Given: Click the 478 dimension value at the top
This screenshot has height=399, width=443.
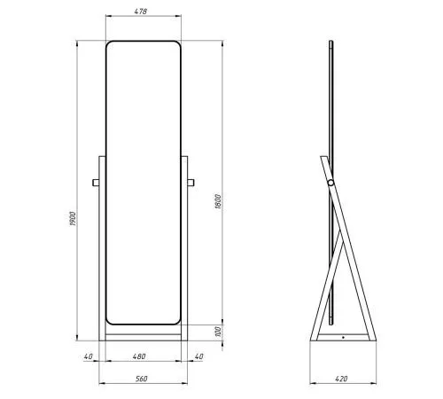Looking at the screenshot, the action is tap(141, 12).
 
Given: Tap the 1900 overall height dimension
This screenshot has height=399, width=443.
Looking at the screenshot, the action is tap(73, 218).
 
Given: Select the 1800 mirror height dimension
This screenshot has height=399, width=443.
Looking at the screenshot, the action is tap(218, 201).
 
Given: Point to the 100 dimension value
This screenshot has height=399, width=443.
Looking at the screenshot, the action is tap(218, 332).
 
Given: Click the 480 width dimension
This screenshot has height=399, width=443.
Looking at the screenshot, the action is tap(139, 356).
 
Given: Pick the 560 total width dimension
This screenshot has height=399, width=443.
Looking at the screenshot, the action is tap(142, 379).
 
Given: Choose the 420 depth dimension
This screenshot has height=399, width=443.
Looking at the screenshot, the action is tap(341, 379).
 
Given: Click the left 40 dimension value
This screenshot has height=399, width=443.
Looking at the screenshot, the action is tap(88, 356).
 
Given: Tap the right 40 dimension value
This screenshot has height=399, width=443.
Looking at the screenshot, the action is tap(199, 356).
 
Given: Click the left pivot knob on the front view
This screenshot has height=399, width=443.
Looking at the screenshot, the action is tap(96, 183).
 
